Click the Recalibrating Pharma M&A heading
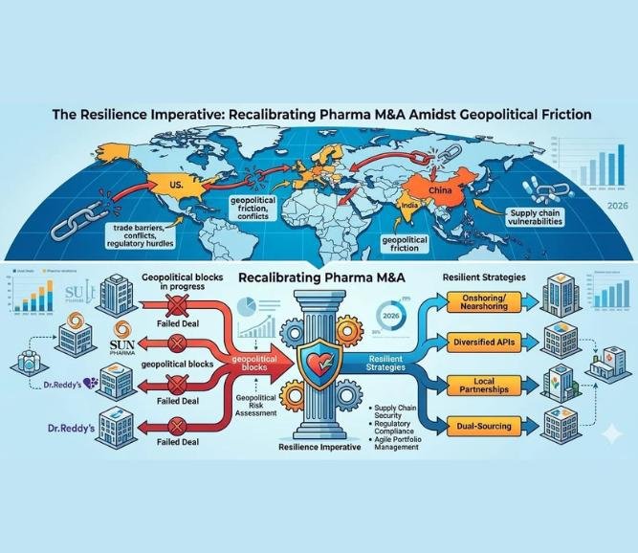coord(319,279)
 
